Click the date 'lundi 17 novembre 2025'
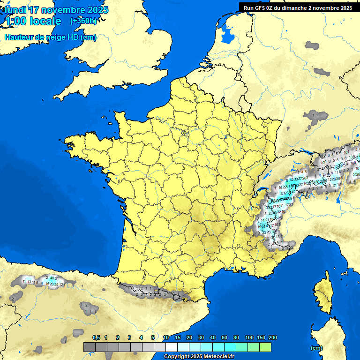(x=56, y=10)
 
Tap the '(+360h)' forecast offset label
(x=83, y=21)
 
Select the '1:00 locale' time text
(x=33, y=21)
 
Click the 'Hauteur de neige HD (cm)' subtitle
(x=50, y=37)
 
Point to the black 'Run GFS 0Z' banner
(x=298, y=7)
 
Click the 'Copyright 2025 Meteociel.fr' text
(x=199, y=356)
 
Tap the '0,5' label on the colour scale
(x=97, y=337)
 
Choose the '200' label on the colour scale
(x=272, y=337)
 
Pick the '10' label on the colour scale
(x=166, y=337)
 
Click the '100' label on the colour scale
(x=249, y=337)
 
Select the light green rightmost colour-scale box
(x=265, y=347)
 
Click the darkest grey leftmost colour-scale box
(x=90, y=347)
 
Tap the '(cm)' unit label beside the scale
(x=317, y=348)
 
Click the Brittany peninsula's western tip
(x=68, y=139)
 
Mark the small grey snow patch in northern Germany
(x=312, y=45)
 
